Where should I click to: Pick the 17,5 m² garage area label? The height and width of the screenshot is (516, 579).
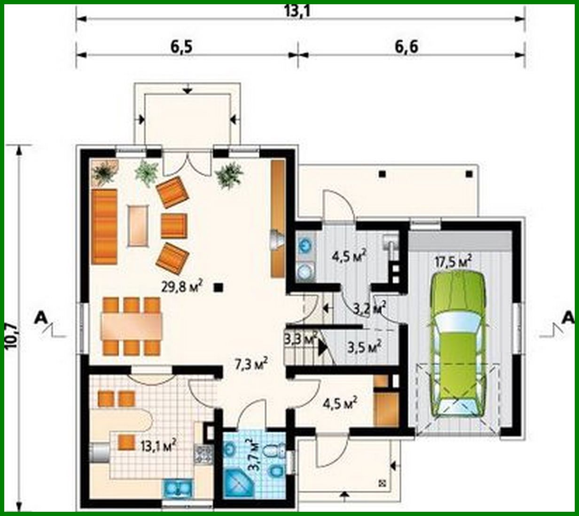tap(453, 261)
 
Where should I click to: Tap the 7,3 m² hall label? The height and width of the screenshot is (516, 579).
tap(251, 363)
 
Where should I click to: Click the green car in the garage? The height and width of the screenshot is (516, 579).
tap(458, 343)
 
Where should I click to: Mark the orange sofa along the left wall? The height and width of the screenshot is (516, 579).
tap(104, 227)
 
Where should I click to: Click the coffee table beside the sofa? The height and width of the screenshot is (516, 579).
tap(138, 226)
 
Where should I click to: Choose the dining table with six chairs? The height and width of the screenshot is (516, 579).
tap(132, 327)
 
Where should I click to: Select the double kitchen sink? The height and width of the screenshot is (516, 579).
tap(178, 488)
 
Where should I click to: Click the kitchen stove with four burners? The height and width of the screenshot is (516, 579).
tap(204, 453)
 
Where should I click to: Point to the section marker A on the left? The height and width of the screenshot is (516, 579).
tap(41, 318)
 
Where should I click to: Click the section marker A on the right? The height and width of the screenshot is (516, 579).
tap(568, 318)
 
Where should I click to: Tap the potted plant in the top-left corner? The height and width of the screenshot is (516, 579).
tap(104, 172)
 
